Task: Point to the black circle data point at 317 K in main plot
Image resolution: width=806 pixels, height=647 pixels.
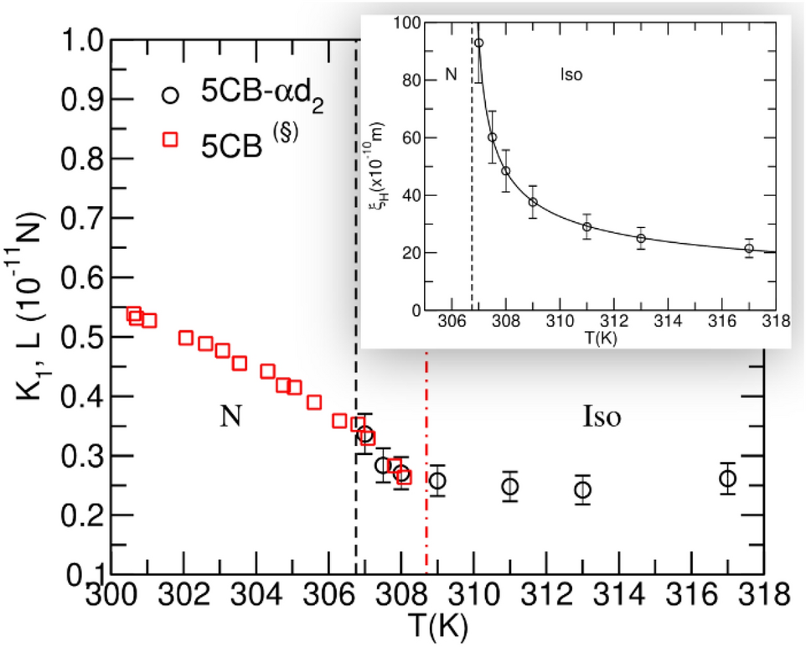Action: point(727,479)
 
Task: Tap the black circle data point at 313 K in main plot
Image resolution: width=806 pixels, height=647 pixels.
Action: point(582,489)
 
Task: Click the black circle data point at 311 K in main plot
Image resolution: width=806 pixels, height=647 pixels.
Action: point(509,486)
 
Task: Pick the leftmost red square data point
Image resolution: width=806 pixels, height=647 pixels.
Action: point(133,313)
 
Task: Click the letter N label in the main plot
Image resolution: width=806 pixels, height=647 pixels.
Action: point(231,417)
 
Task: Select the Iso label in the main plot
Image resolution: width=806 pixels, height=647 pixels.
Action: point(601,417)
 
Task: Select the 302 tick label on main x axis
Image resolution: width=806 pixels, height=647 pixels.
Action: point(182,596)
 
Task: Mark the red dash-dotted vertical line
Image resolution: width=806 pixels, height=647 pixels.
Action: point(427,469)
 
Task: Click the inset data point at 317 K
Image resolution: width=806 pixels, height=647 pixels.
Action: point(749,248)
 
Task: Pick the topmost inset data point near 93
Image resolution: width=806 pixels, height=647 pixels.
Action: point(478,43)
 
